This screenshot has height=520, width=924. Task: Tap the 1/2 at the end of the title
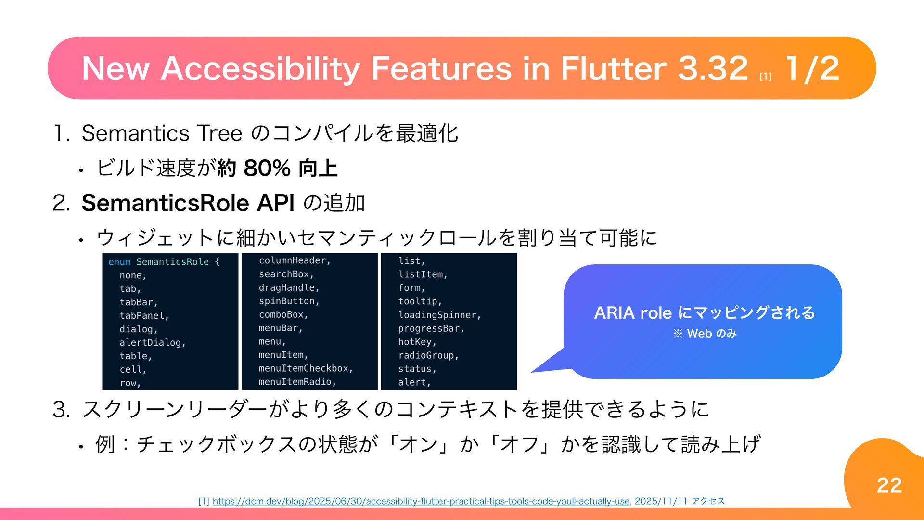click(812, 68)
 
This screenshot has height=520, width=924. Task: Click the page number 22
click(889, 485)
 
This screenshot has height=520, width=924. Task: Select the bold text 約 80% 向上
click(277, 168)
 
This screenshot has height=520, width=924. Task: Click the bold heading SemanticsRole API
click(188, 203)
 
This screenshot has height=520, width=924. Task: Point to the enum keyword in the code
click(119, 262)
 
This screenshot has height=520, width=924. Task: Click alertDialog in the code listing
click(152, 343)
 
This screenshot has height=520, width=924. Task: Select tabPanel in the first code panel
click(143, 316)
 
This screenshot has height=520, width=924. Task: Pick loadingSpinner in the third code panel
click(438, 315)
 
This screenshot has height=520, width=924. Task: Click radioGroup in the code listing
click(427, 355)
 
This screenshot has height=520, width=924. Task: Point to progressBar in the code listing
click(430, 328)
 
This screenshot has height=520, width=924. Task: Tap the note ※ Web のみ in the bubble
click(705, 333)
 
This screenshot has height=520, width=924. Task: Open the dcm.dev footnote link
click(421, 501)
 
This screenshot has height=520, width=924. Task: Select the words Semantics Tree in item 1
click(162, 133)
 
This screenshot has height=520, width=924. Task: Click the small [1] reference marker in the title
click(765, 77)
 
